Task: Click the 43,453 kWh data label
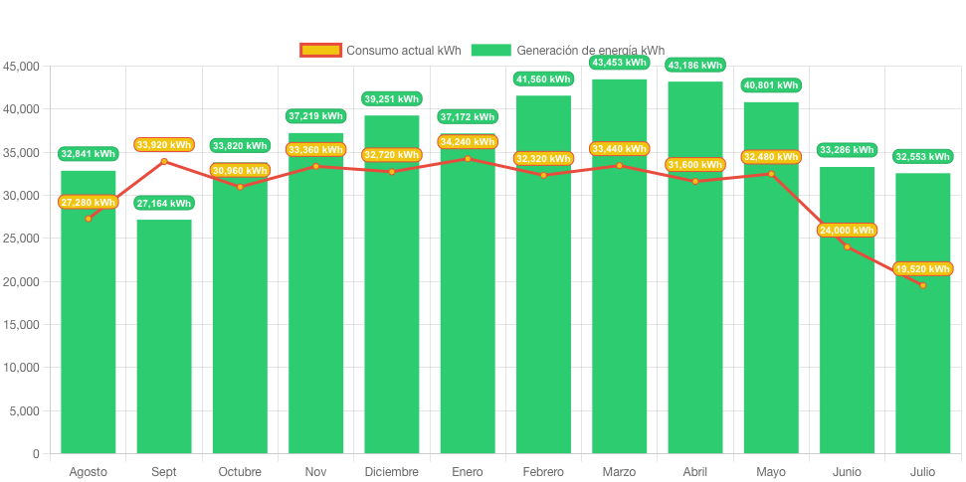619,63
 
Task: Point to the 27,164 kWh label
164,204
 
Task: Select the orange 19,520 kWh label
922,269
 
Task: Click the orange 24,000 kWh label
847,231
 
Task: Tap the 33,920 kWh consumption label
164,145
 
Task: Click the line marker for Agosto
89,219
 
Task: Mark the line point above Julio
922,285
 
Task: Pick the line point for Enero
468,158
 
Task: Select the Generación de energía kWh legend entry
568,51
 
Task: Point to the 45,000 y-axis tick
21,67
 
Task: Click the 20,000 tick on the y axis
21,282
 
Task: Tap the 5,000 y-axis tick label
24,410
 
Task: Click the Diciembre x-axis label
392,471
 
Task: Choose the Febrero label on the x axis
543,471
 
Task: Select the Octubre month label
240,471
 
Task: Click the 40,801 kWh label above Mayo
771,85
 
